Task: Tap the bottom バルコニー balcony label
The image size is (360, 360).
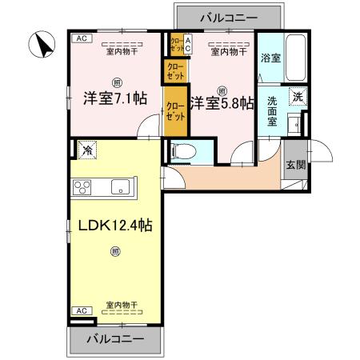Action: tap(115, 338)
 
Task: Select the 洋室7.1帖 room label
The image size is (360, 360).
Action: tap(114, 100)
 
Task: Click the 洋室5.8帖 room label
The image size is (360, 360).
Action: tap(222, 102)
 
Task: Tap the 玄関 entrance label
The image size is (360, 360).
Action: tap(294, 166)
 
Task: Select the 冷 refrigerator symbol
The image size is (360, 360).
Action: tap(85, 149)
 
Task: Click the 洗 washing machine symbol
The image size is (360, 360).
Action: tap(297, 96)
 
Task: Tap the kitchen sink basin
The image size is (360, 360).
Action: tap(122, 188)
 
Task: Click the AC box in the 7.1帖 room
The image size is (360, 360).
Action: tap(81, 38)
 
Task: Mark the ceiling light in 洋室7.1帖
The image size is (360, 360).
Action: tap(117, 82)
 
